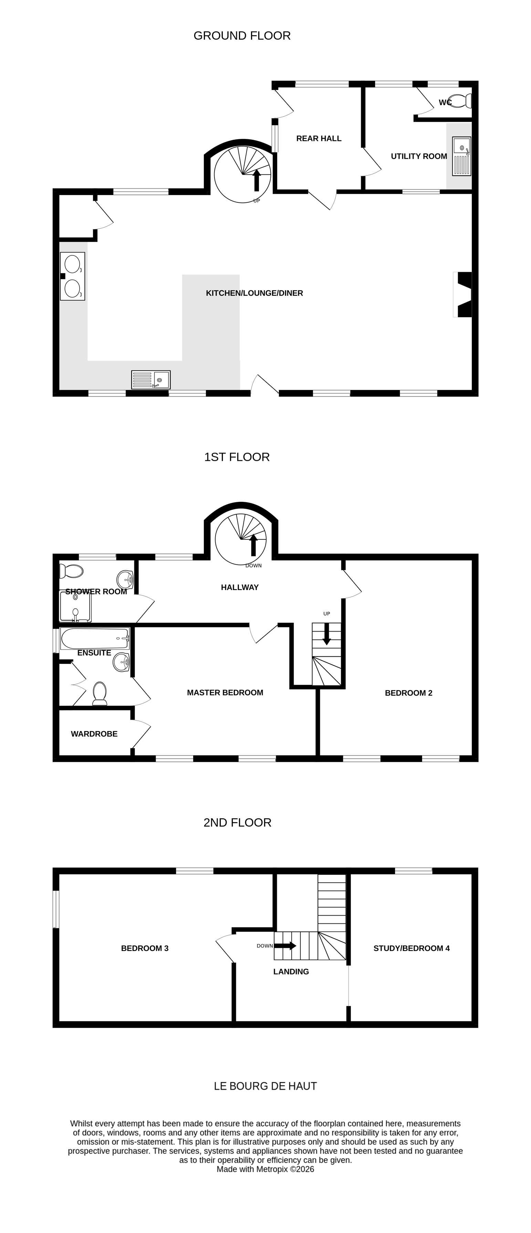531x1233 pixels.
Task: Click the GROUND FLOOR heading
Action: pos(242,36)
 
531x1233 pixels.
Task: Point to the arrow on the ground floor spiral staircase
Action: pos(257,180)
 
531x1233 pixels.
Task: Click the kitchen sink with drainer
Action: pos(151,380)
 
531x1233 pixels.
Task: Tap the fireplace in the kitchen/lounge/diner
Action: pos(463,294)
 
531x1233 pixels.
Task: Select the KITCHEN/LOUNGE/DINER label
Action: pos(254,293)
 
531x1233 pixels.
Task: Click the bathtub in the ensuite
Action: pos(95,638)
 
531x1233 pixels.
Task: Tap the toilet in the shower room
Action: pos(72,571)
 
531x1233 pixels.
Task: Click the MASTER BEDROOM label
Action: pos(225,693)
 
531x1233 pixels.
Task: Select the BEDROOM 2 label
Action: pos(408,693)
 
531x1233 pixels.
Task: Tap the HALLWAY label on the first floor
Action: pos(240,587)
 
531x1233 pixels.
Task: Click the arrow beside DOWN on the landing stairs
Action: pos(285,946)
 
